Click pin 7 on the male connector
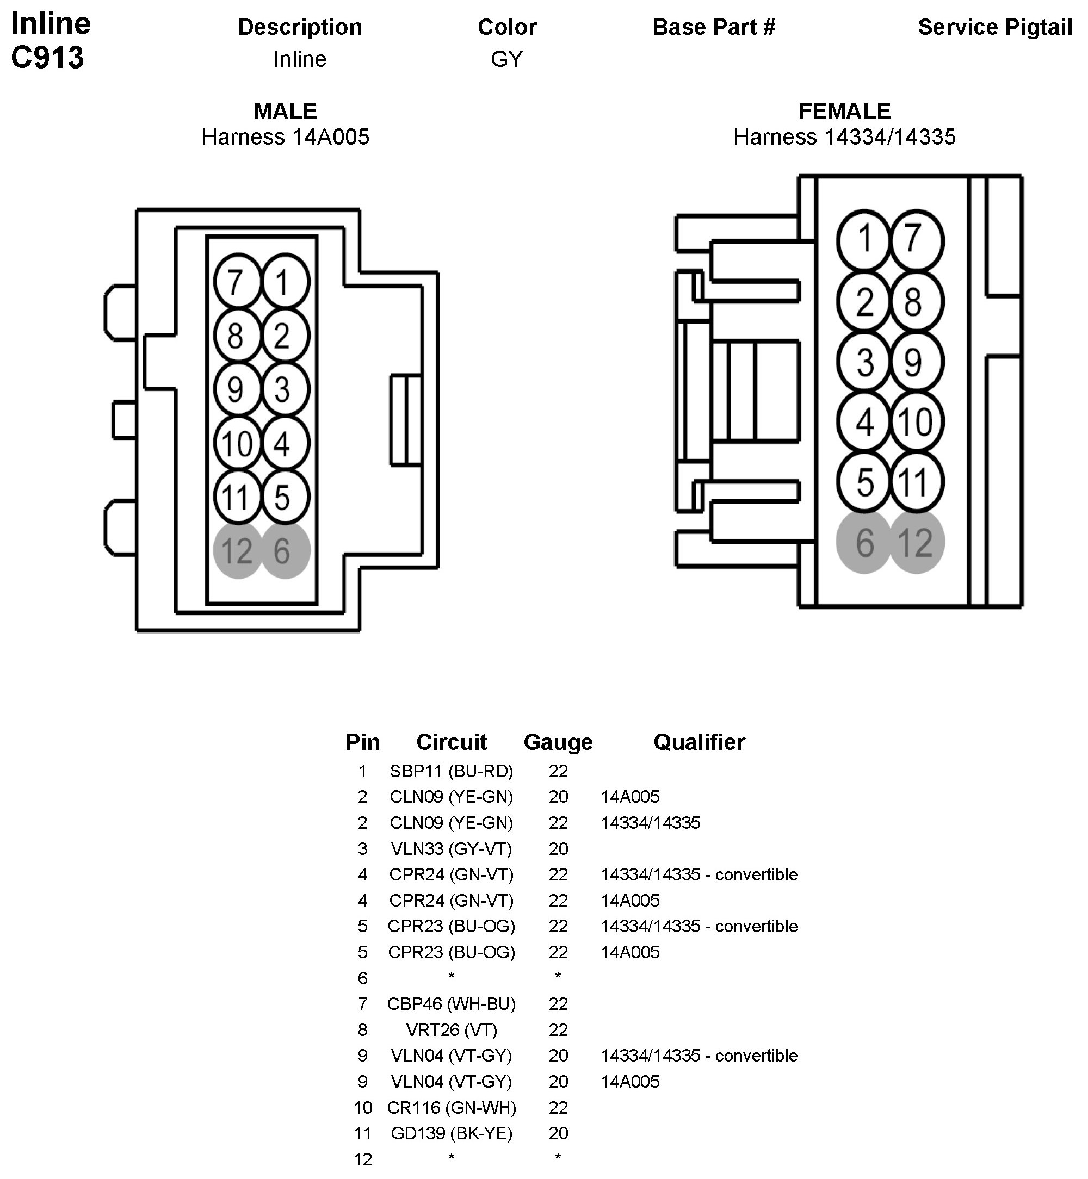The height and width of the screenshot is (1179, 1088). [x=237, y=282]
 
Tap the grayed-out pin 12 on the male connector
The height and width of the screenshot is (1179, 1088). [x=237, y=550]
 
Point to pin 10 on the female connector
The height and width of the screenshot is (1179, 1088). [x=917, y=422]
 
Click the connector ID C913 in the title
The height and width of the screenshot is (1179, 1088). [x=48, y=58]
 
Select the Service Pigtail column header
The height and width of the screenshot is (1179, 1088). [x=995, y=27]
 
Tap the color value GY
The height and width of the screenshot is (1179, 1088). [x=507, y=59]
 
